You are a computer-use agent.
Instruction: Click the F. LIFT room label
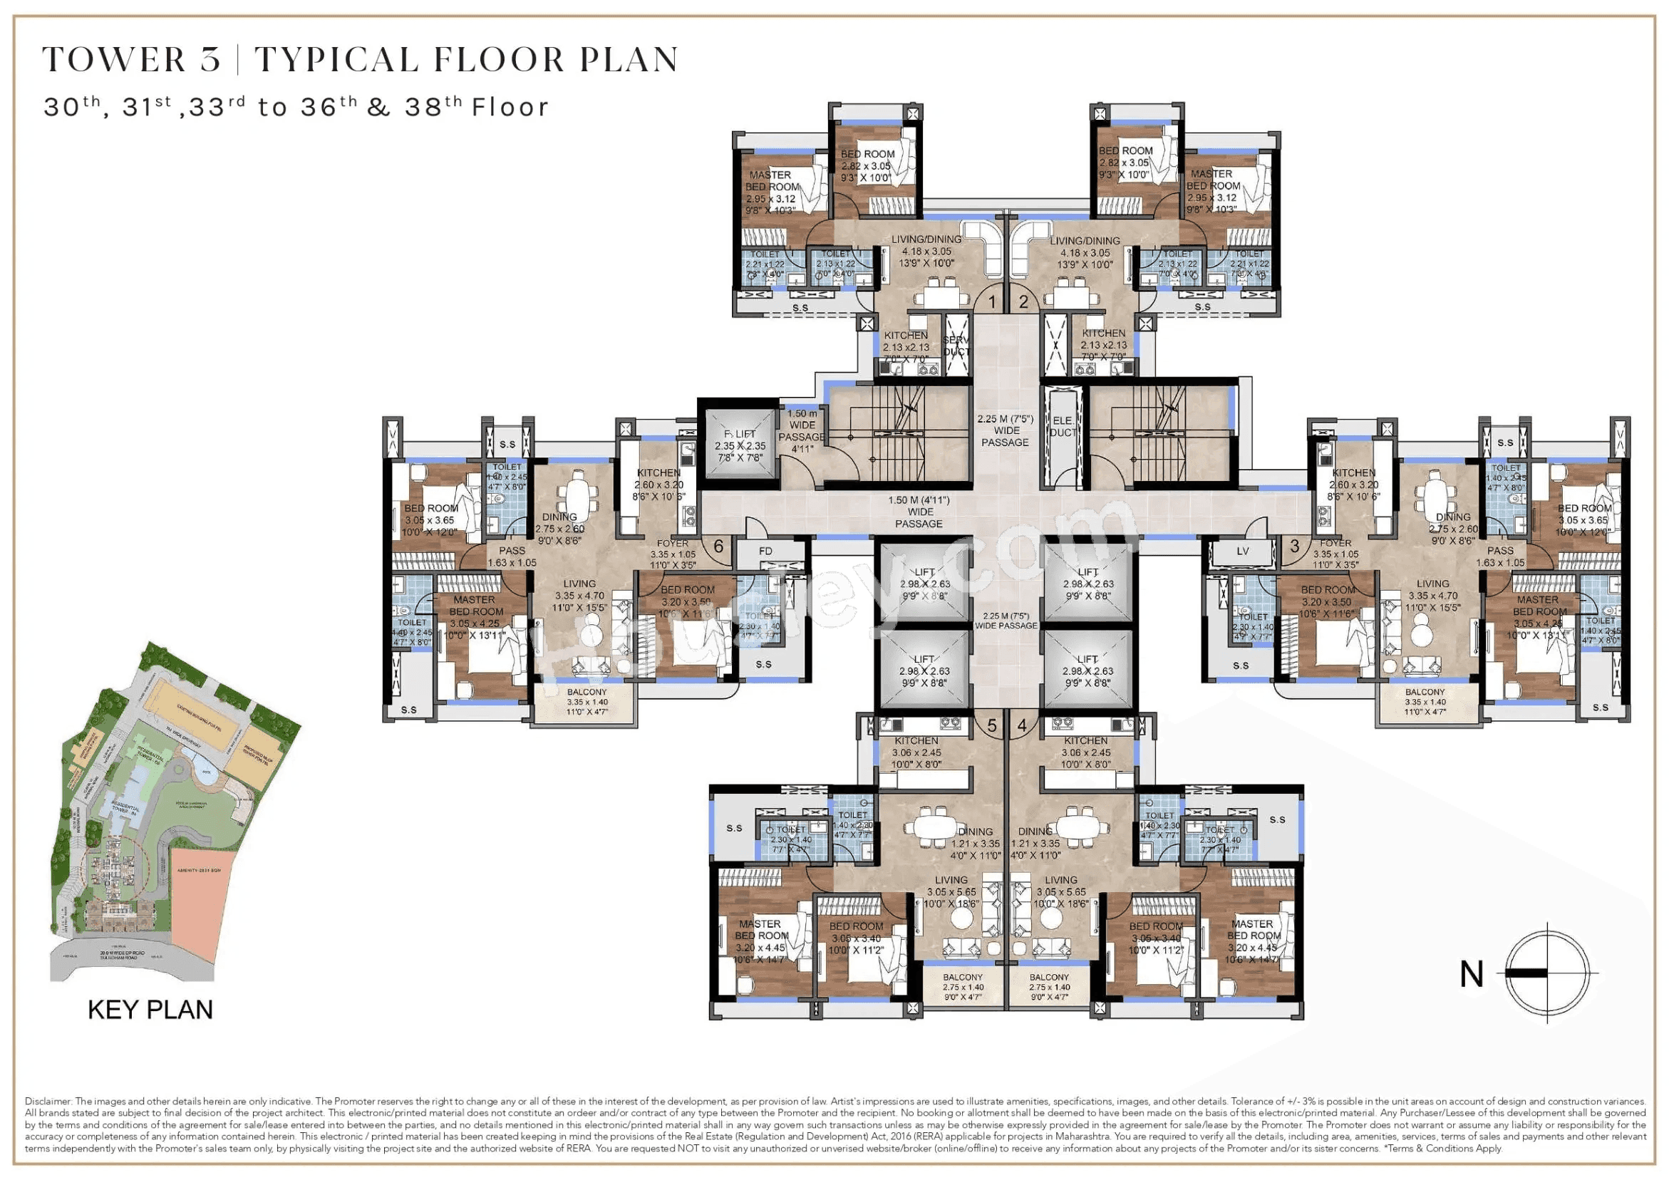point(740,445)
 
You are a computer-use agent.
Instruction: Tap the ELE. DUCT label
point(1062,426)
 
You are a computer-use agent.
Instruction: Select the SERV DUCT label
point(956,346)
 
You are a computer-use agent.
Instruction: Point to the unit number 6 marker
point(718,546)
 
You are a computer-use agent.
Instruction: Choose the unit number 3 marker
point(1295,545)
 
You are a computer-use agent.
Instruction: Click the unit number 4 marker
point(1022,725)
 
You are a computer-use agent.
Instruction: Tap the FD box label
point(765,551)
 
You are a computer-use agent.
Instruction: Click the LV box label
point(1242,551)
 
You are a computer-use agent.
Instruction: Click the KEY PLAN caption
point(150,1010)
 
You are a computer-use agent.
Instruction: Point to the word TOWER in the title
point(114,60)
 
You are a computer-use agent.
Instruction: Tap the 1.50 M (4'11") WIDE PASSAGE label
point(919,512)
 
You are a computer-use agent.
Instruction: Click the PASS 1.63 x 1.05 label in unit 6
point(512,557)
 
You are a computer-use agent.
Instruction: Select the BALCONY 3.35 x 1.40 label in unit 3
point(1425,702)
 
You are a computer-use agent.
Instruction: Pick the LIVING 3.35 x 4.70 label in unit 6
point(579,596)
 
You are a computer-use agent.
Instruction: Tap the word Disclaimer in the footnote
point(48,1102)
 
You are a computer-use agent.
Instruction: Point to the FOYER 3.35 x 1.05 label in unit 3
point(1335,553)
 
